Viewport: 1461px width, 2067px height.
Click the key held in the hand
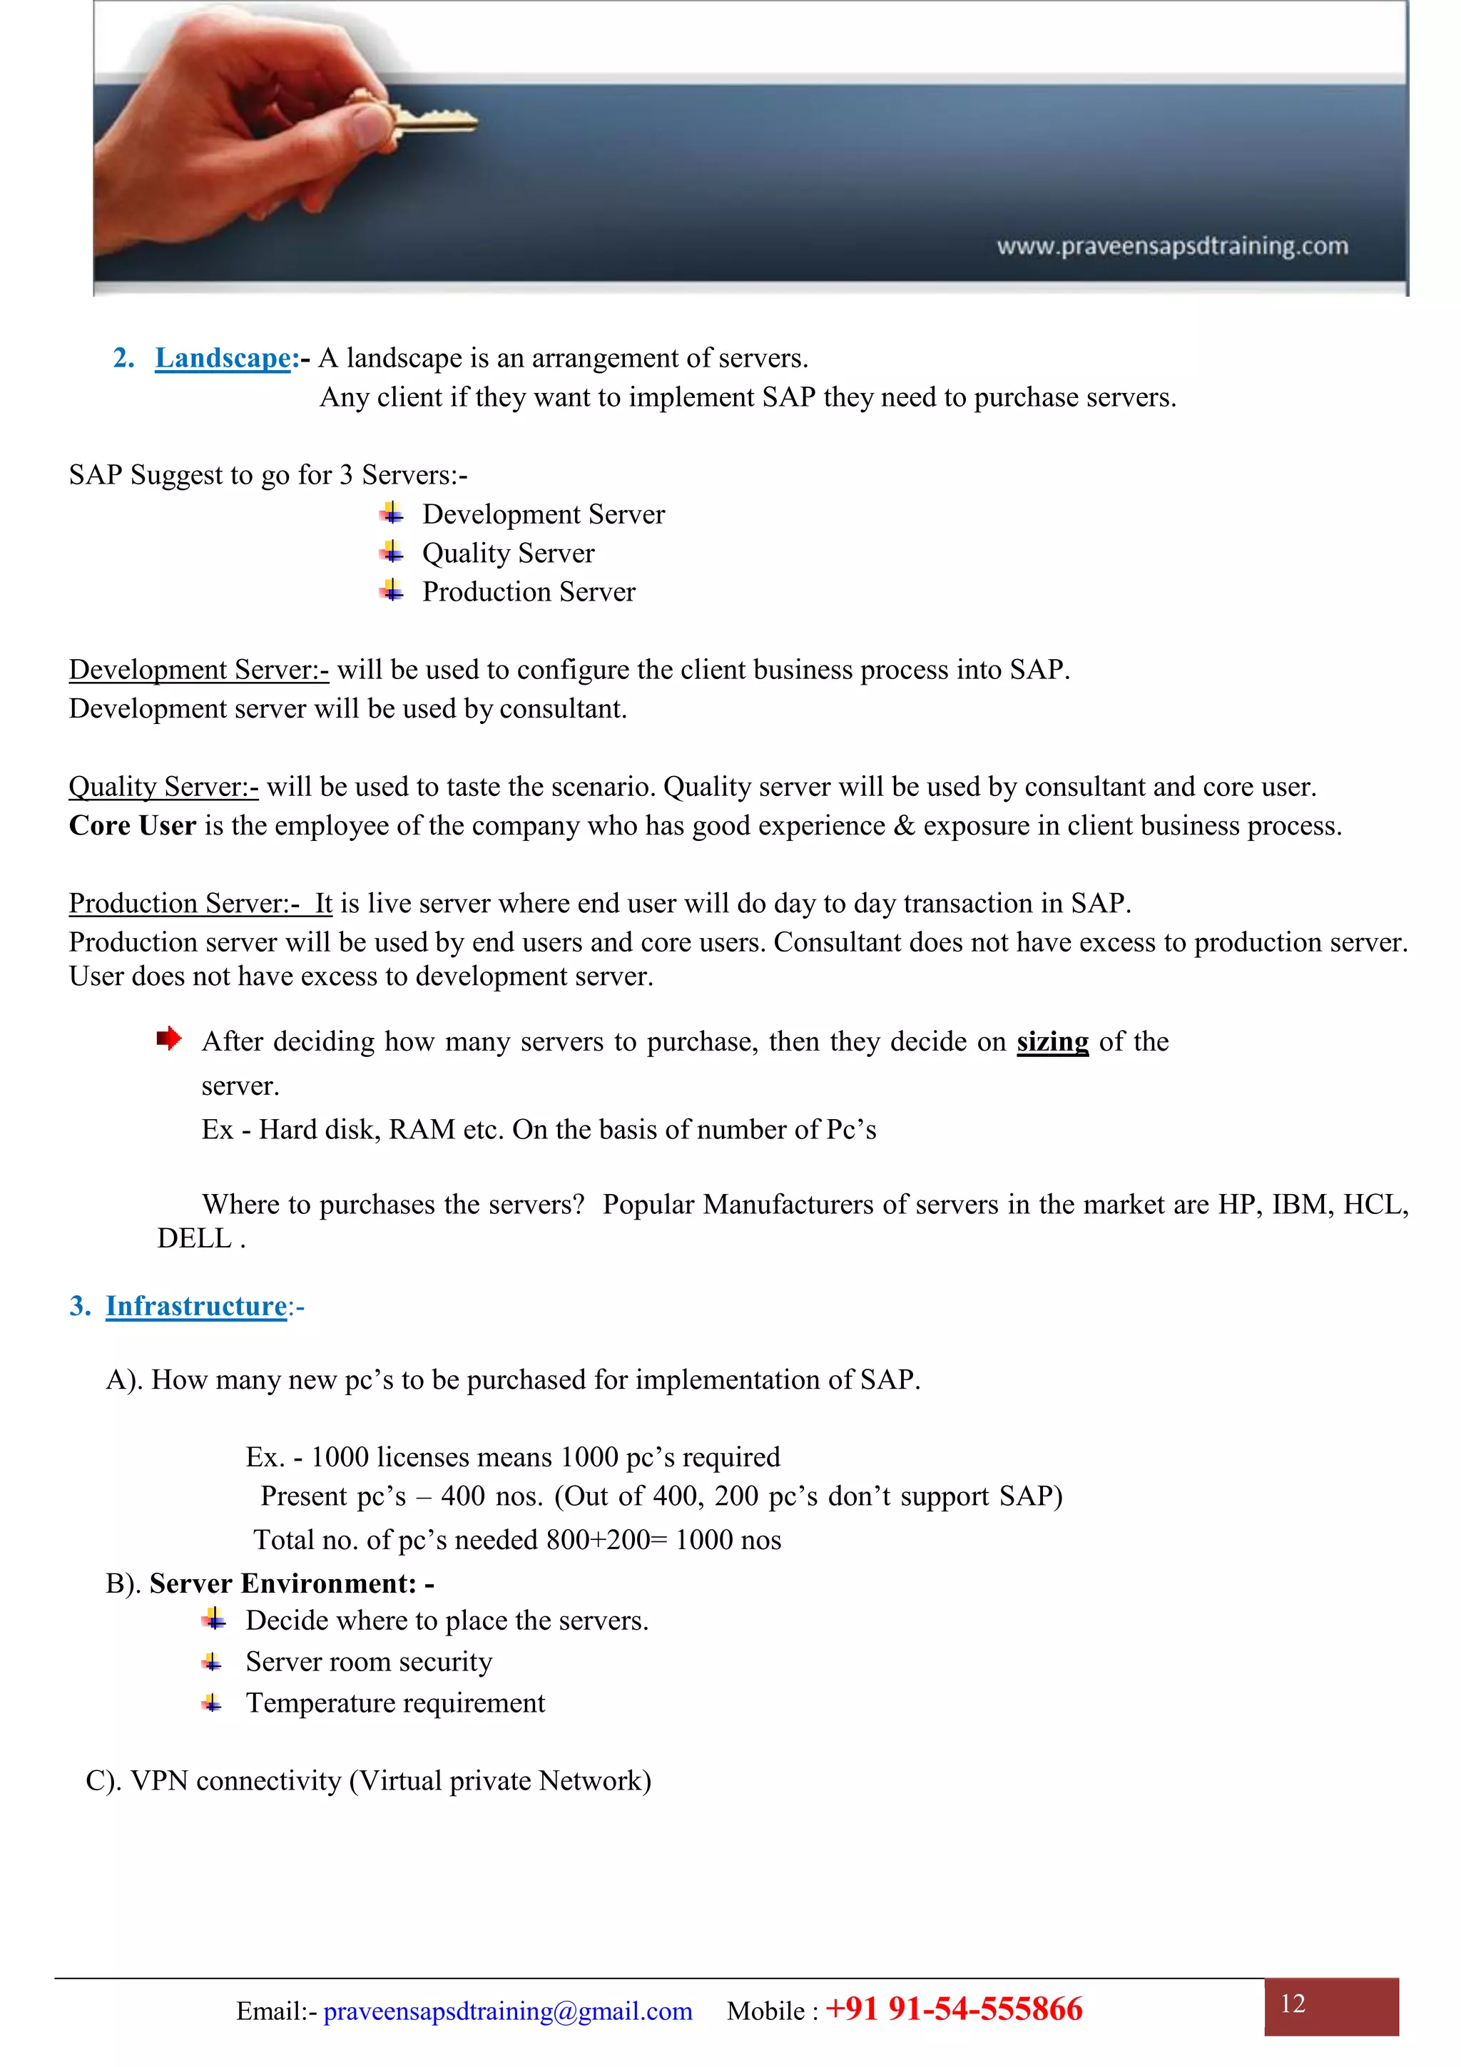pyautogui.click(x=423, y=117)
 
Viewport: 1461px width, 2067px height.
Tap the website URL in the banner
pyautogui.click(x=1172, y=246)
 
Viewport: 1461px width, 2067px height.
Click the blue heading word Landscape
pyautogui.click(x=223, y=358)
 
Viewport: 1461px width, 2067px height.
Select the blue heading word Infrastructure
pyautogui.click(x=196, y=1305)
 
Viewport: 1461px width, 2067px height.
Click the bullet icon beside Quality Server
pyautogui.click(x=392, y=552)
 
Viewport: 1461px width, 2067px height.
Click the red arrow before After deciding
pyautogui.click(x=168, y=1039)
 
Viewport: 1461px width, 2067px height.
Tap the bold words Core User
pyautogui.click(x=132, y=825)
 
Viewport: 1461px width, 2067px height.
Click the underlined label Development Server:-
pyautogui.click(x=198, y=670)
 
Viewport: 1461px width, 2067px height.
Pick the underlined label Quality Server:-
pyautogui.click(x=163, y=787)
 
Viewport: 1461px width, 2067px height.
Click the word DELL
pyautogui.click(x=195, y=1239)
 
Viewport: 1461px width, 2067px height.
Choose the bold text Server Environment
pyautogui.click(x=282, y=1583)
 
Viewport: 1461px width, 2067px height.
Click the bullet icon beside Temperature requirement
pyautogui.click(x=213, y=1703)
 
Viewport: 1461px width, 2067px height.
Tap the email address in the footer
pyautogui.click(x=508, y=2011)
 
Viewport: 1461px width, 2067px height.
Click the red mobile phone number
pyautogui.click(x=955, y=2009)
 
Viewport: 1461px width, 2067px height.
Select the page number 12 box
pyautogui.click(x=1330, y=2006)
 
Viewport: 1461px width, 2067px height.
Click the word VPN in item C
pyautogui.click(x=159, y=1781)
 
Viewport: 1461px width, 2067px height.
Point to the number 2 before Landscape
pyautogui.click(x=123, y=358)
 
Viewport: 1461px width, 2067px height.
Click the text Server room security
pyautogui.click(x=368, y=1661)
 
